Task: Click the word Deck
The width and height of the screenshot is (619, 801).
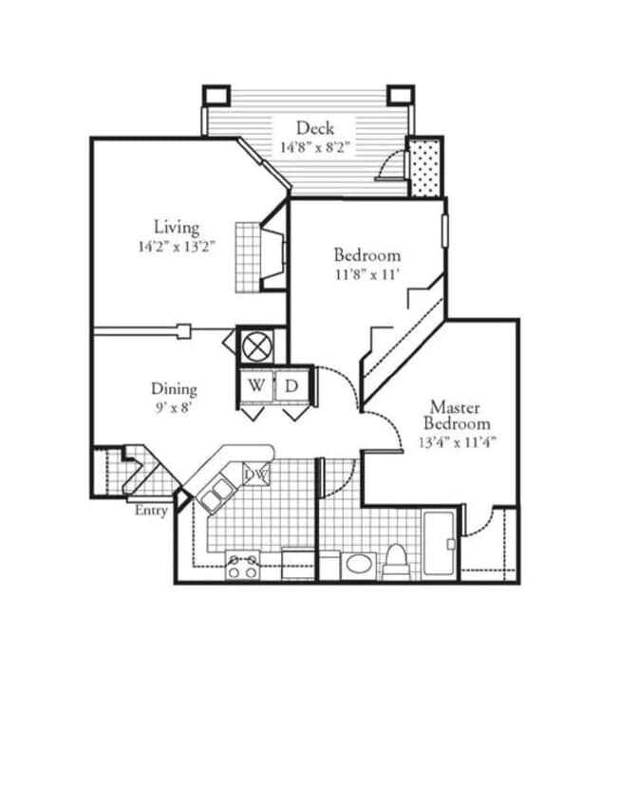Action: [x=314, y=128]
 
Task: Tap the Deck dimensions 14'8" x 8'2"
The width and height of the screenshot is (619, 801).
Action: [x=314, y=147]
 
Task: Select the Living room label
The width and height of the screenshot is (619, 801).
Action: [x=177, y=228]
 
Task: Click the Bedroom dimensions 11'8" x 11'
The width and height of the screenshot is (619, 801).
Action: [x=366, y=274]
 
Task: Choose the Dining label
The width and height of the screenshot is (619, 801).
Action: [x=175, y=389]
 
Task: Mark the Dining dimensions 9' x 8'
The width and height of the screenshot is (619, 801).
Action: [x=175, y=408]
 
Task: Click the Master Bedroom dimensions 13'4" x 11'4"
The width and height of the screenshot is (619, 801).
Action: [x=456, y=442]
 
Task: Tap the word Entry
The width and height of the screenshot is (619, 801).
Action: [x=152, y=512]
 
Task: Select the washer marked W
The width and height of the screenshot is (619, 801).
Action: [x=256, y=386]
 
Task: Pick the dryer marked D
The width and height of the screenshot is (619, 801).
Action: [x=292, y=386]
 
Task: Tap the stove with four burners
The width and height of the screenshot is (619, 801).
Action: [x=241, y=567]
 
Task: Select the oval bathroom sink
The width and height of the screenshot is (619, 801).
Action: [x=360, y=565]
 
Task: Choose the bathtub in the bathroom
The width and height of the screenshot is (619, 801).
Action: [x=439, y=543]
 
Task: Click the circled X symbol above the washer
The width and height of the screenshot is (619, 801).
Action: [x=256, y=343]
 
